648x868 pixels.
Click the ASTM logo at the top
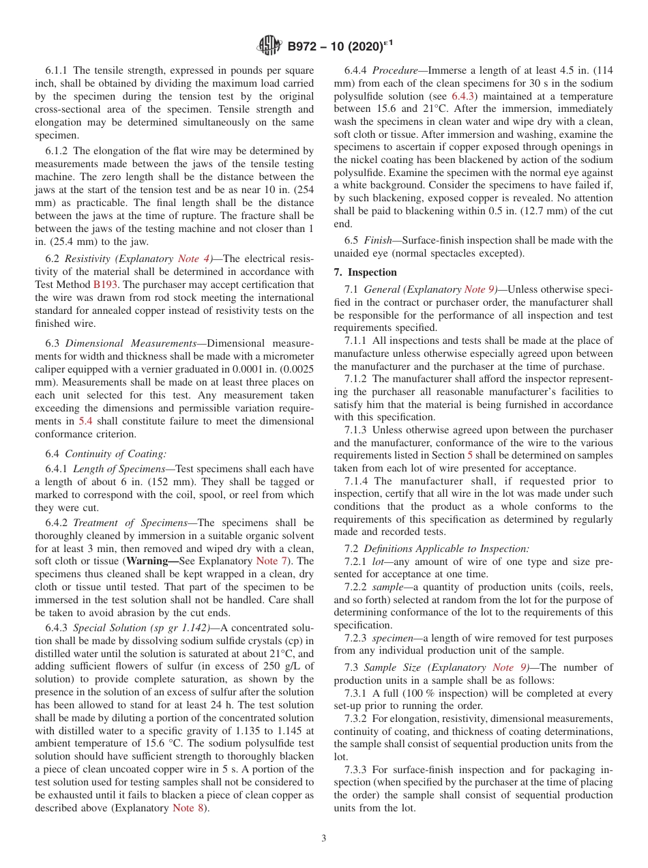(269, 46)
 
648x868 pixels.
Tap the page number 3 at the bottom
(323, 838)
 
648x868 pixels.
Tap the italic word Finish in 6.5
(379, 240)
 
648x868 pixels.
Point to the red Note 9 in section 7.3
(510, 667)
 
